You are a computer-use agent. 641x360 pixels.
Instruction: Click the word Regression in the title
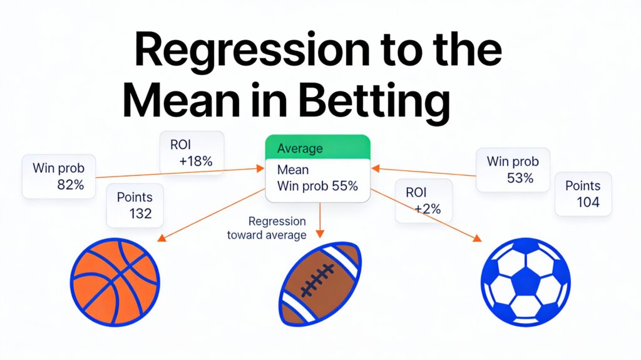click(252, 50)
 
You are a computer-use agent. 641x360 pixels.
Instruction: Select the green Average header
click(317, 147)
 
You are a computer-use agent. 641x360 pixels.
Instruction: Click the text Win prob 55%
click(317, 186)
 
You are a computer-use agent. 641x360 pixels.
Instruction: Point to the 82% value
click(70, 185)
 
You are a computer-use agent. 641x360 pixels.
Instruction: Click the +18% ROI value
click(196, 161)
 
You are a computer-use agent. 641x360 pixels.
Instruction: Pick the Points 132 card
click(135, 205)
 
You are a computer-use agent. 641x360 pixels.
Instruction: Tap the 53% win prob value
click(520, 178)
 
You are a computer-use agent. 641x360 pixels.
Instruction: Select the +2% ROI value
click(428, 209)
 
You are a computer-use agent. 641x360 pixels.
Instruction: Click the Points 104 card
click(583, 194)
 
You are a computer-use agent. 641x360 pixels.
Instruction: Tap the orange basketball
click(115, 282)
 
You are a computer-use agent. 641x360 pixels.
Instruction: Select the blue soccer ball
click(525, 282)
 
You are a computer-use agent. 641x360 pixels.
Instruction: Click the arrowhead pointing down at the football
click(320, 234)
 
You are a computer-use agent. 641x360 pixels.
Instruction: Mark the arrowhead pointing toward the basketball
click(162, 238)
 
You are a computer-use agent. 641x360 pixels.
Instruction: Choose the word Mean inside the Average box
click(293, 170)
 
